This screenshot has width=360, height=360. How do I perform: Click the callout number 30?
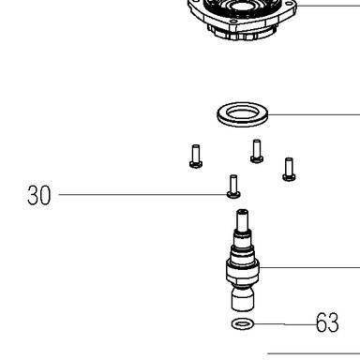tap(38, 195)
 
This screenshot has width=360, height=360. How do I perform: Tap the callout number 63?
tap(327, 322)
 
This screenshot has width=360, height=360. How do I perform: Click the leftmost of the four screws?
tap(196, 157)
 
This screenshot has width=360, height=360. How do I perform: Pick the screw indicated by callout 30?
tap(233, 187)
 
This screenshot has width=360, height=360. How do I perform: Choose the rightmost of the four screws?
tap(289, 170)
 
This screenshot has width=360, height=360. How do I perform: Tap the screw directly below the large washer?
tap(257, 151)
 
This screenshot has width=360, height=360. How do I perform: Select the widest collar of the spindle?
tap(243, 269)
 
